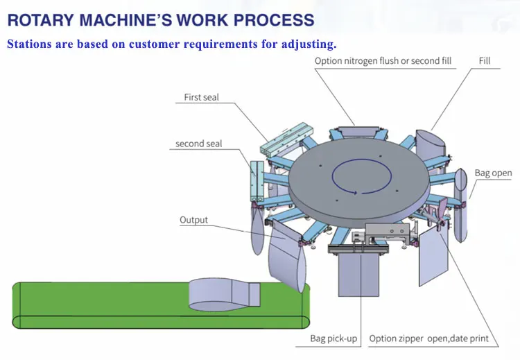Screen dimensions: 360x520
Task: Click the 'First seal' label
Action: coord(201,98)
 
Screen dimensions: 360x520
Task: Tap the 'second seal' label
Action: coord(199,144)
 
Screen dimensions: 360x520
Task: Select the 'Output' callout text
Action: coord(193,221)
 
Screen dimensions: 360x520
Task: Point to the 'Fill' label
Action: coord(485,61)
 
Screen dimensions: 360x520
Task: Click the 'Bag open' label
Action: coord(493,173)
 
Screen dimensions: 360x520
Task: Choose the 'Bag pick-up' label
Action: coord(334,338)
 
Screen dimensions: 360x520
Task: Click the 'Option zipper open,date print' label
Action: coord(428,338)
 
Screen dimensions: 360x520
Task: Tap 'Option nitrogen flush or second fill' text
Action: coord(383,61)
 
